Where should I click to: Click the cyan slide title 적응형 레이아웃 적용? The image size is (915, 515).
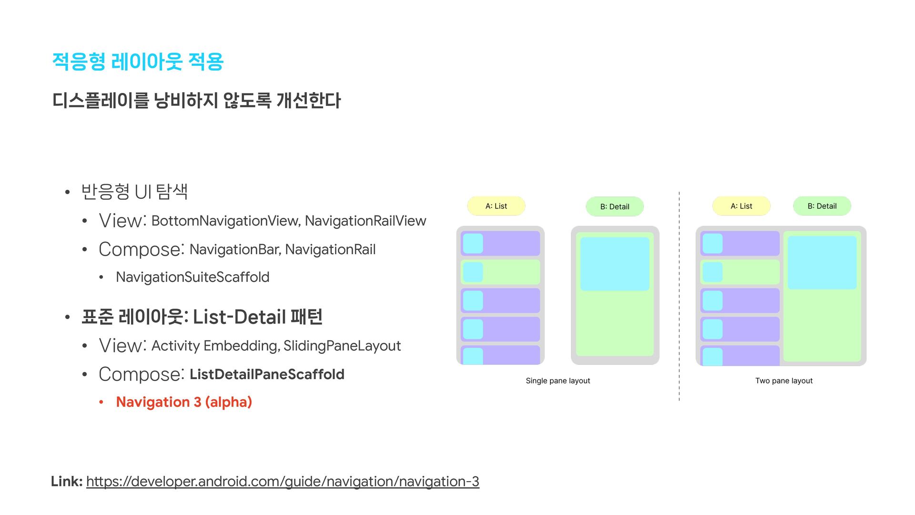138,62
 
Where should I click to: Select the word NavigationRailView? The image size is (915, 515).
365,221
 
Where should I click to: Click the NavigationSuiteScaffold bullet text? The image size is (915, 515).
193,277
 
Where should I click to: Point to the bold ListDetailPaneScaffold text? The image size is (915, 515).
267,374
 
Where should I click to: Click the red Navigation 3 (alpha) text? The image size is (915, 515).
184,402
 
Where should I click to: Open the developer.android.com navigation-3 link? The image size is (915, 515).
283,482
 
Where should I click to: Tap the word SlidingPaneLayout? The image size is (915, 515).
342,346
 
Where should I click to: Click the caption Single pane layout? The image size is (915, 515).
558,381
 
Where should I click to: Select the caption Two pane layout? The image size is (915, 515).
784,381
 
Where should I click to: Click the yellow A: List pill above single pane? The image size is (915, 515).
496,206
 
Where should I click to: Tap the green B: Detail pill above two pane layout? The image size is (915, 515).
822,206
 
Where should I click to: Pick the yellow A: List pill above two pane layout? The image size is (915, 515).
742,206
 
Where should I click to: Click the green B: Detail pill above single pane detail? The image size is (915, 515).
615,206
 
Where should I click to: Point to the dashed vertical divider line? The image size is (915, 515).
679,296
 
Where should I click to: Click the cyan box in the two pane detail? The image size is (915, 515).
822,262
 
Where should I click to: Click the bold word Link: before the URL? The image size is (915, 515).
67,482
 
